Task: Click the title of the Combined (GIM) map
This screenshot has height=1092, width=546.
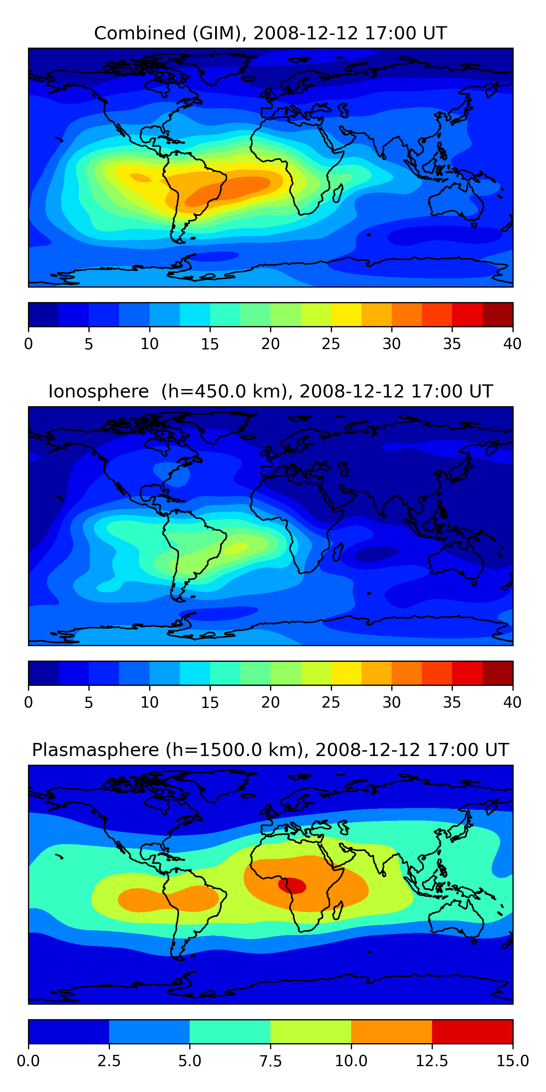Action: (x=270, y=33)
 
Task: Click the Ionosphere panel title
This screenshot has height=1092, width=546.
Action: (x=270, y=391)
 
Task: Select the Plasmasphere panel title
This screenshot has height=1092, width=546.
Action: (x=270, y=750)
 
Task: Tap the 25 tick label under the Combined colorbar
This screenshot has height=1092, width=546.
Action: (x=331, y=344)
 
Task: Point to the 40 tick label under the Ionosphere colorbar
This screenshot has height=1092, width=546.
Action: (x=512, y=703)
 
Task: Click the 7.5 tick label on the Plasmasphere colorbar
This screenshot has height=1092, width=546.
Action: (x=270, y=1061)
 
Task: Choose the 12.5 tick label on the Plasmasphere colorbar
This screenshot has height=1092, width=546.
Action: (x=432, y=1061)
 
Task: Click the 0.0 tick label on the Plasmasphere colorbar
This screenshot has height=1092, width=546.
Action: (x=28, y=1061)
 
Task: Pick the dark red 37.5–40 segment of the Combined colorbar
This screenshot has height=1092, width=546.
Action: (x=498, y=314)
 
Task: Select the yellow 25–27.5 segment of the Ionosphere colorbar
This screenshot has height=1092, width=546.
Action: (x=346, y=673)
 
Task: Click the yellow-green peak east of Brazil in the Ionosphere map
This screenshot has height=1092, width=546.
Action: (x=237, y=548)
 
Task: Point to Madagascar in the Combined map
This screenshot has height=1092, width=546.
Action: (x=338, y=194)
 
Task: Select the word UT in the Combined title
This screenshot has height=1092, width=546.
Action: (x=435, y=33)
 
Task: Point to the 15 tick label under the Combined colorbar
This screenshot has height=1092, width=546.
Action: (x=210, y=344)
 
